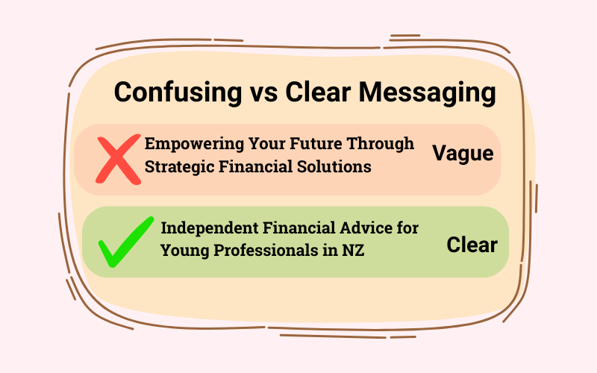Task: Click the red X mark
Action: point(118,160)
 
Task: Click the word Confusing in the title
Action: point(178,93)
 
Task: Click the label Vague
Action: point(463,154)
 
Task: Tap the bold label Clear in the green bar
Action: point(472,245)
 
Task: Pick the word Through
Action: point(381,144)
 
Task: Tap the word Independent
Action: point(210,228)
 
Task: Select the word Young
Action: point(184,251)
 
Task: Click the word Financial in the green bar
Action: point(299,228)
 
